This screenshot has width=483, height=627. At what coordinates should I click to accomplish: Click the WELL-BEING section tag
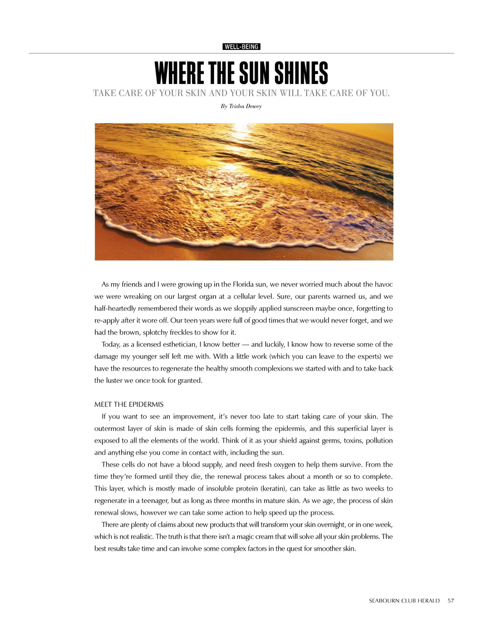point(241,47)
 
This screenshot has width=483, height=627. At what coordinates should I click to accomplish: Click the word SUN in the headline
point(255,74)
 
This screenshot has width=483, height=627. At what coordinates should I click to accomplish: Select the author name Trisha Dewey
point(245,106)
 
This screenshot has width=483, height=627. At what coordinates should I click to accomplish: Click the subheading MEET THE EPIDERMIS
point(129,404)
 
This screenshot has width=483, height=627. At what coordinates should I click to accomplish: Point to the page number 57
point(451,601)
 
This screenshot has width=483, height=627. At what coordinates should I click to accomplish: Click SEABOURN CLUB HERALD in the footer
point(404,601)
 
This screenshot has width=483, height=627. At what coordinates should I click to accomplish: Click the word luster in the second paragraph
point(114,380)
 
